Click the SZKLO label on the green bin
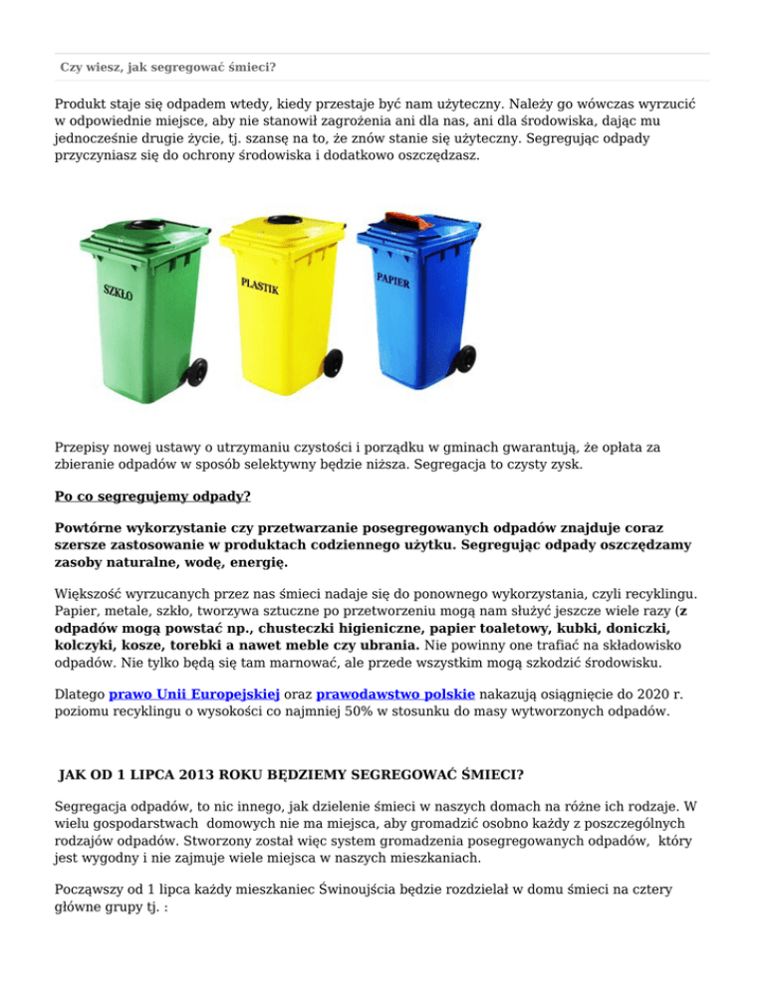pyautogui.click(x=119, y=294)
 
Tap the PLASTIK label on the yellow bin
pyautogui.click(x=260, y=286)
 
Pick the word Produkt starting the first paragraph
pyautogui.click(x=85, y=104)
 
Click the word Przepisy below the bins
pyautogui.click(x=86, y=449)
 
